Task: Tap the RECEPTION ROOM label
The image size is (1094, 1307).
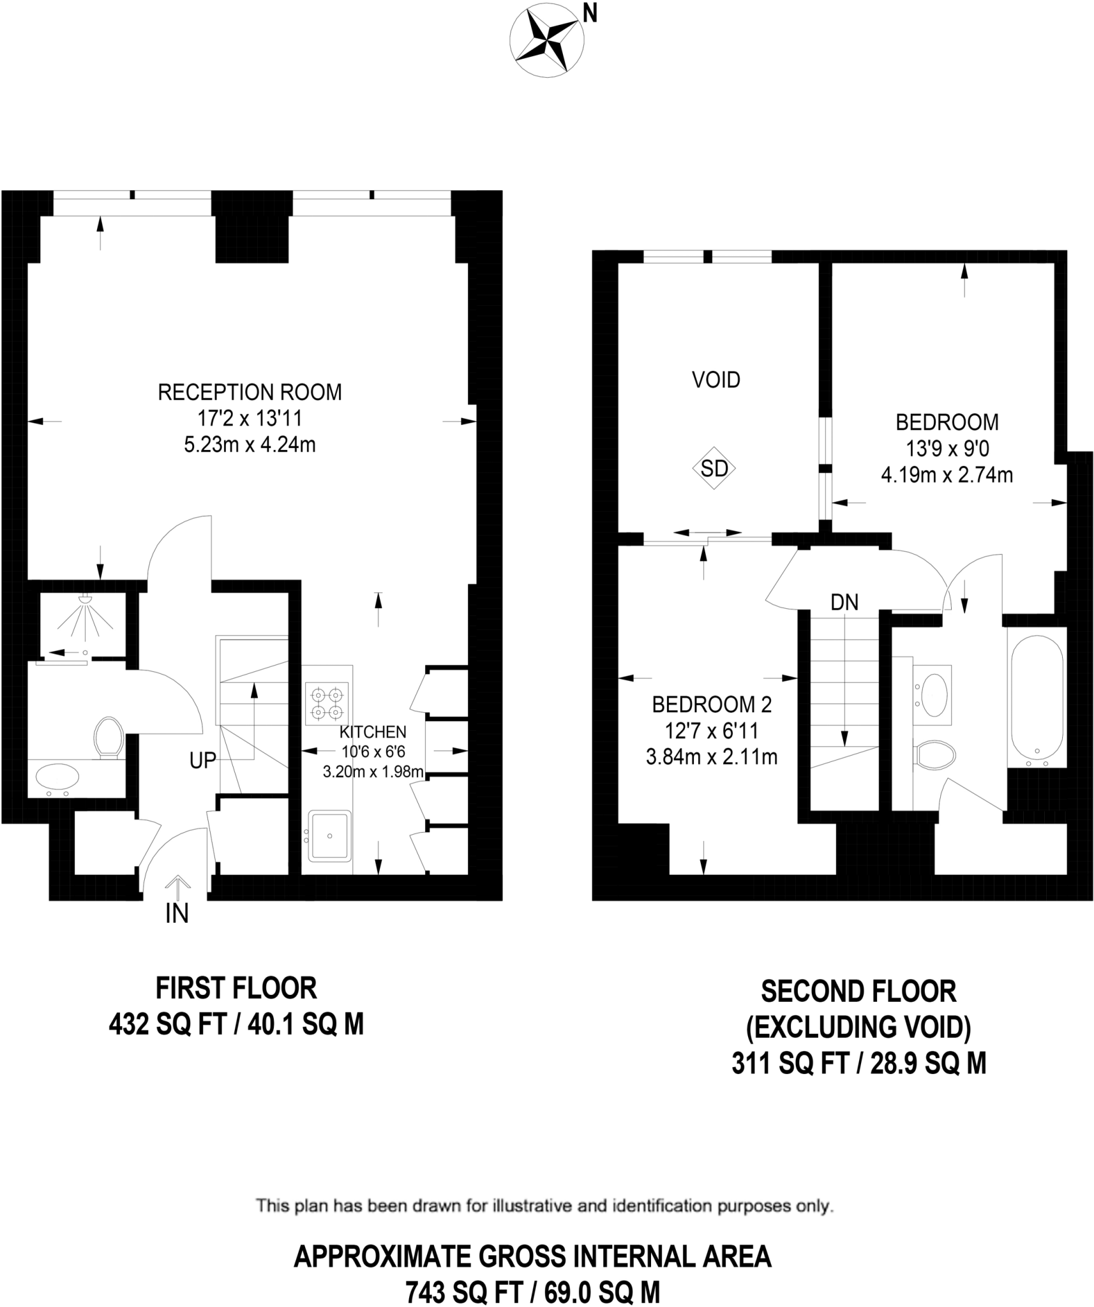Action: [250, 392]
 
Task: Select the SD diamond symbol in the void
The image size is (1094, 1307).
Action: [714, 468]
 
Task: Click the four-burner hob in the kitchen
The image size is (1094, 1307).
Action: [327, 703]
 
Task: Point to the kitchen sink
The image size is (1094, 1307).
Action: [329, 835]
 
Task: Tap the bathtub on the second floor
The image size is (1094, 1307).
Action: [1036, 701]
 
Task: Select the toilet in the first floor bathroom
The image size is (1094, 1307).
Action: [109, 737]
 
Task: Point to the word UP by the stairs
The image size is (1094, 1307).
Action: [202, 760]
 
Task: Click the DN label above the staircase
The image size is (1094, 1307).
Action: [844, 602]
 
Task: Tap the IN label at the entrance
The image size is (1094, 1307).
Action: [177, 914]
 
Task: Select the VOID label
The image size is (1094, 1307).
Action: [716, 380]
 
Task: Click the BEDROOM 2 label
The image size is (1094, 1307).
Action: [712, 705]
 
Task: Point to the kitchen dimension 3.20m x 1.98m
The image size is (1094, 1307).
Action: [373, 772]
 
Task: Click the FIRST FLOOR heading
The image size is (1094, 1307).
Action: [236, 989]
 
